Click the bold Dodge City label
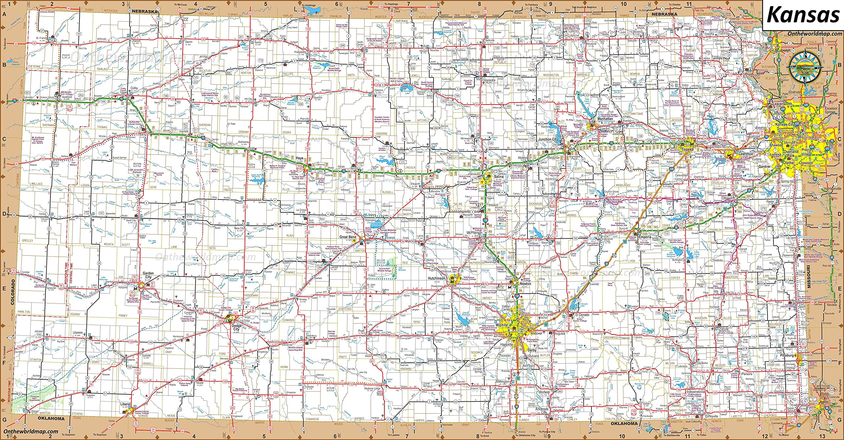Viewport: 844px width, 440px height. click(x=236, y=327)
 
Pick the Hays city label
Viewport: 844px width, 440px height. click(x=300, y=158)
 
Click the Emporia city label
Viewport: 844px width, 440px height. click(x=645, y=237)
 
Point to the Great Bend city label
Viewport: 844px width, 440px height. click(x=348, y=237)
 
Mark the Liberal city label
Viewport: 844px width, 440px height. click(x=126, y=404)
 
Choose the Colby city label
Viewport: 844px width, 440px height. click(x=134, y=88)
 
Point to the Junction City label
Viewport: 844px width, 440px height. click(x=547, y=139)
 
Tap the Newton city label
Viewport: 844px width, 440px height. click(x=525, y=284)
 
